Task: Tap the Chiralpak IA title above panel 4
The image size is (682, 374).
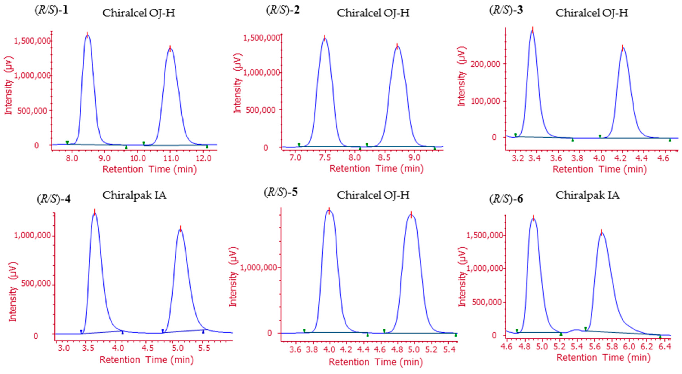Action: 134,196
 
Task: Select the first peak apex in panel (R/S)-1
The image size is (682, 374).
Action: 87,36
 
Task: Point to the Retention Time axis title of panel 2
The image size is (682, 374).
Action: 376,169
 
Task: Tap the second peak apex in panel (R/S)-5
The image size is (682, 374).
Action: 411,215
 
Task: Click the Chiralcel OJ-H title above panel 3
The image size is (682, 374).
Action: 592,13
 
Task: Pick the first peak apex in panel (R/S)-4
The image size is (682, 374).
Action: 94,213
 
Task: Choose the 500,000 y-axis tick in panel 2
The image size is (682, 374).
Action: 261,110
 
